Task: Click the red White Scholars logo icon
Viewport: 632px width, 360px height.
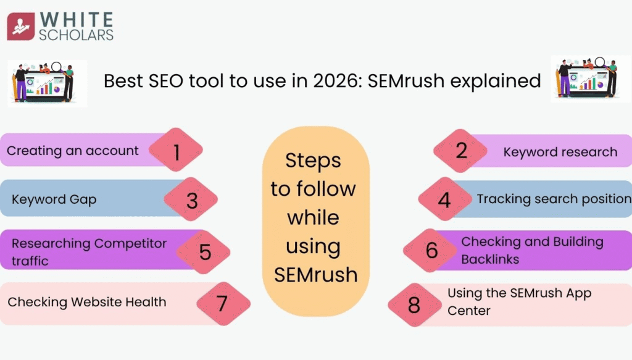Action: (21, 27)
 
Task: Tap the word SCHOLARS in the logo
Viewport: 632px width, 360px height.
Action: (76, 35)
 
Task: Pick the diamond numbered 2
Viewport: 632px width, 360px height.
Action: (460, 151)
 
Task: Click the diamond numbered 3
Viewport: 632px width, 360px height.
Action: (191, 201)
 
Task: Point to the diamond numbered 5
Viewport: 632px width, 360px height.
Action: (204, 251)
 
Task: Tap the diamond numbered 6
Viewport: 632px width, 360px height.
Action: (431, 250)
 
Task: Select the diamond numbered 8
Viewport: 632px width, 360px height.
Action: (414, 304)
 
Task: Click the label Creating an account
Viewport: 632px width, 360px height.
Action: (73, 151)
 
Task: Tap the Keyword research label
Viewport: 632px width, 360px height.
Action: (560, 152)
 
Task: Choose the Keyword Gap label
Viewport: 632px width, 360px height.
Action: (54, 199)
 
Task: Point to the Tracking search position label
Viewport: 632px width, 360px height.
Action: (554, 199)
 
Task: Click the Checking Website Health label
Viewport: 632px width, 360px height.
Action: (86, 302)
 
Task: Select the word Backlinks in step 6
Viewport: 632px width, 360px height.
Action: (490, 259)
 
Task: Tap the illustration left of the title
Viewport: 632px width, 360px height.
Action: (47, 82)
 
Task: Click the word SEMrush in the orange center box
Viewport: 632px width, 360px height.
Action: (315, 274)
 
